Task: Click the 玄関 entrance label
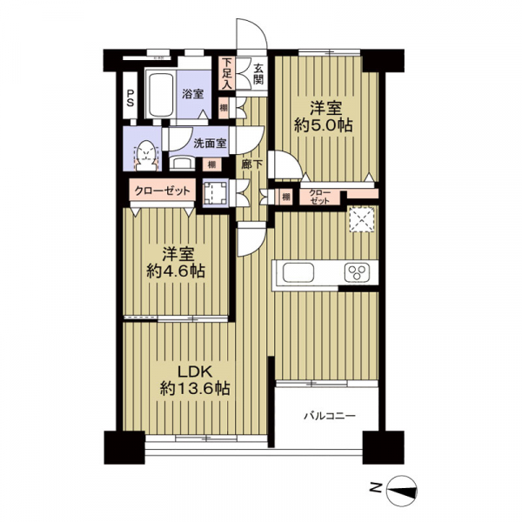(x=258, y=73)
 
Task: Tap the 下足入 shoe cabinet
(x=226, y=73)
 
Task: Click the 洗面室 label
(x=210, y=144)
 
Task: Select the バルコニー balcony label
(x=328, y=417)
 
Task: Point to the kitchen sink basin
(x=295, y=272)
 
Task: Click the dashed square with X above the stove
(x=361, y=220)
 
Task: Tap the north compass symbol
(x=401, y=491)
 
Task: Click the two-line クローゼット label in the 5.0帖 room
(x=320, y=197)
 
